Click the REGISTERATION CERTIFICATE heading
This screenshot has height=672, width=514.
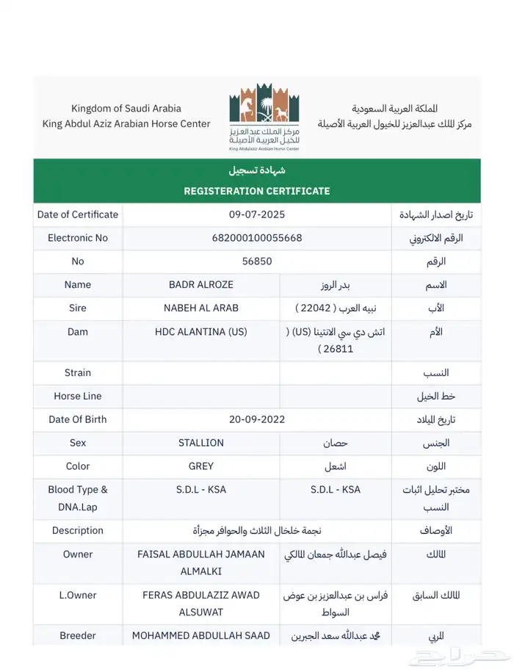(256, 191)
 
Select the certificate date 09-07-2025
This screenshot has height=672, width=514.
(256, 214)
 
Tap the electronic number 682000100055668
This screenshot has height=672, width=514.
(256, 238)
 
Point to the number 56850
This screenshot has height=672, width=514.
(256, 261)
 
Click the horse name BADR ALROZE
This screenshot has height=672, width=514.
(200, 285)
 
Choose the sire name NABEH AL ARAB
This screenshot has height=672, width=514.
(200, 308)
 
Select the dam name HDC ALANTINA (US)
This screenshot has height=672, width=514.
(200, 332)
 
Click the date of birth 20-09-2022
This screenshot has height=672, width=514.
(256, 419)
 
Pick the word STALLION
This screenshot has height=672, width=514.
(200, 443)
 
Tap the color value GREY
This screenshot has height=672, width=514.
(200, 466)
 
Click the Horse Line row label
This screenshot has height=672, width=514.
(78, 396)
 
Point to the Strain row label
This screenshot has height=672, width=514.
(78, 373)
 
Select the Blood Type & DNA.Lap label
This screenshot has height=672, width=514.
(78, 498)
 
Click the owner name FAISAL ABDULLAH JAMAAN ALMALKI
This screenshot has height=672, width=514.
(200, 563)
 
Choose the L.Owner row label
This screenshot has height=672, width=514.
(78, 595)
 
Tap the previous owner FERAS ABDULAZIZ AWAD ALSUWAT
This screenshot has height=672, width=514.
(200, 603)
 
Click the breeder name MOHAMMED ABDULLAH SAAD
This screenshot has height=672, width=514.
(200, 635)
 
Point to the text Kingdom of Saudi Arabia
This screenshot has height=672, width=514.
(126, 109)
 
